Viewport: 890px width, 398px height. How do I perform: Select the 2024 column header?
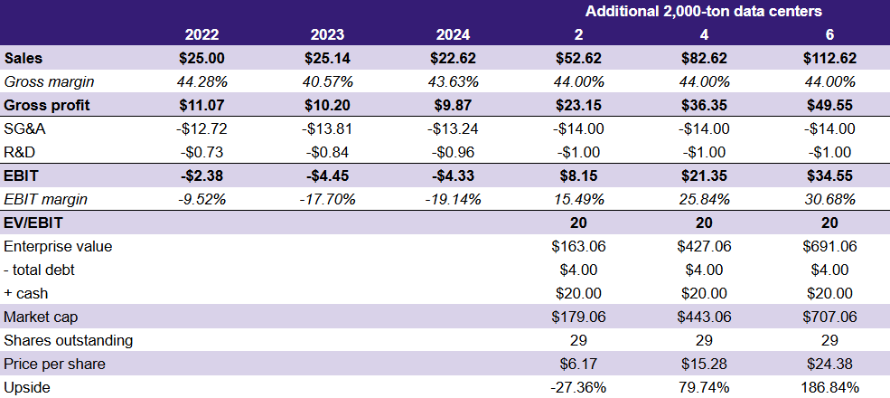pyautogui.click(x=451, y=35)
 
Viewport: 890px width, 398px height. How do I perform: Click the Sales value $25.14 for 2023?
pyautogui.click(x=328, y=59)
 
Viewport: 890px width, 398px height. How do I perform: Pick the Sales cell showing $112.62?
pyautogui.click(x=829, y=59)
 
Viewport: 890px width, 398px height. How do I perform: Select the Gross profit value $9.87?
pyautogui.click(x=451, y=105)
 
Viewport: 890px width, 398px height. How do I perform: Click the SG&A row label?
pyautogui.click(x=25, y=128)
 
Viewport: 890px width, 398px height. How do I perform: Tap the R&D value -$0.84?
pyautogui.click(x=328, y=152)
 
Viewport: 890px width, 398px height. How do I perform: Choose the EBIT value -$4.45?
pyautogui.click(x=328, y=175)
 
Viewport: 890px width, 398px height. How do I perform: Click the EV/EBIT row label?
pyautogui.click(x=34, y=223)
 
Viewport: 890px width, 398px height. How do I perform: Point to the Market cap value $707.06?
pyautogui.click(x=829, y=317)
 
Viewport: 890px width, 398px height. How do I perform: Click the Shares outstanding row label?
pyautogui.click(x=69, y=340)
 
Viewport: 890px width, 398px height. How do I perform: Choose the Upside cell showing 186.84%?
pyautogui.click(x=829, y=387)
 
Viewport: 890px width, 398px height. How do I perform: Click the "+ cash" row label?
pyautogui.click(x=28, y=293)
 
